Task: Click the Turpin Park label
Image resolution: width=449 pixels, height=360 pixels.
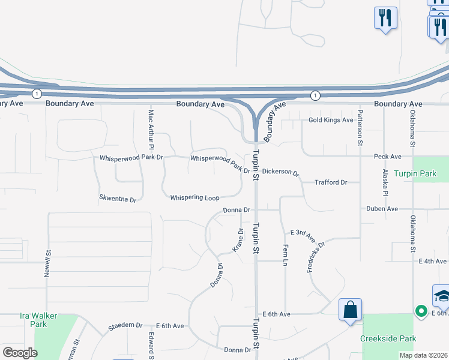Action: pyautogui.click(x=415, y=173)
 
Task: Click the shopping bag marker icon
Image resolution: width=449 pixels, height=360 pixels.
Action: pyautogui.click(x=351, y=310)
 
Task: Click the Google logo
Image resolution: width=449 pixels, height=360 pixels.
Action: pyautogui.click(x=20, y=353)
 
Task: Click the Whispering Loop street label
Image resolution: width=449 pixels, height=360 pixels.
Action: pyautogui.click(x=194, y=197)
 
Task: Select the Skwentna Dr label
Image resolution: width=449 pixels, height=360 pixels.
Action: pyautogui.click(x=118, y=198)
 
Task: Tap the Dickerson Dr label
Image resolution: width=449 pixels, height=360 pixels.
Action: pyautogui.click(x=280, y=172)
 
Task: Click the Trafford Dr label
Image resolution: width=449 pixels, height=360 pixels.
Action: pyautogui.click(x=331, y=182)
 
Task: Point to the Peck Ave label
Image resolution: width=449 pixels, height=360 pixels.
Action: pyautogui.click(x=387, y=157)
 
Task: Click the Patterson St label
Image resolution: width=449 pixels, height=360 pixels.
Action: pyautogui.click(x=360, y=128)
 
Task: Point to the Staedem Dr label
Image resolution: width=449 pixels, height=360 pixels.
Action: pyautogui.click(x=125, y=326)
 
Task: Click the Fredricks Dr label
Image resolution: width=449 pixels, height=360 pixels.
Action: pyautogui.click(x=315, y=257)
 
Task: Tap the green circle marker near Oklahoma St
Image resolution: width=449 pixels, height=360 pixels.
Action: pyautogui.click(x=421, y=311)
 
